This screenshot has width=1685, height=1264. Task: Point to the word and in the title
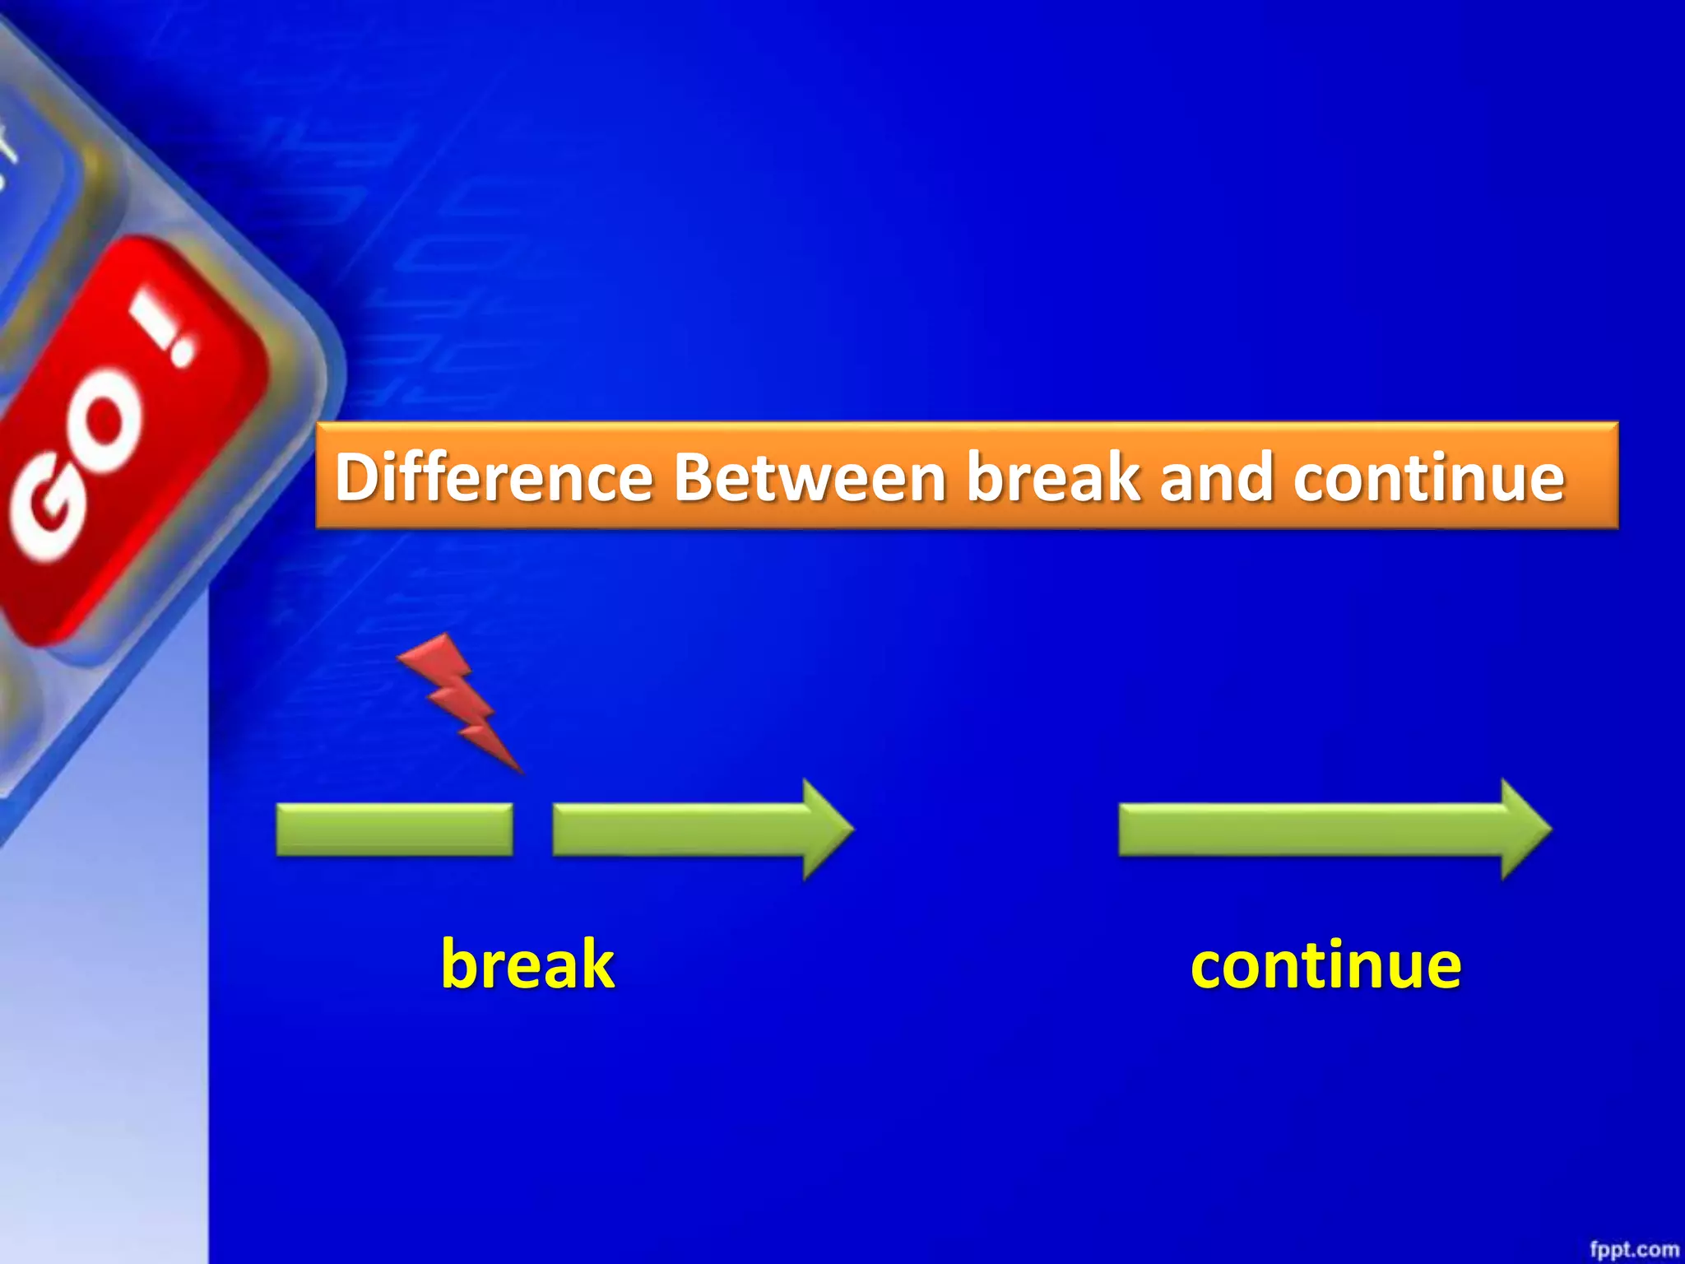1216,477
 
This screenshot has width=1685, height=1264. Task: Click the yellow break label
527,964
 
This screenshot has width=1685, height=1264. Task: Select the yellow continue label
1325,965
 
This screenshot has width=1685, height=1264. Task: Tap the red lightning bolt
461,699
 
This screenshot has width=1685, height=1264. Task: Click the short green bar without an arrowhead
394,829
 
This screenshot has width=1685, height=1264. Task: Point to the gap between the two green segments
532,829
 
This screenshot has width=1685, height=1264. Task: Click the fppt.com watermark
1633,1249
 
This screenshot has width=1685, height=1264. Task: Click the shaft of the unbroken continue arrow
1308,829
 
